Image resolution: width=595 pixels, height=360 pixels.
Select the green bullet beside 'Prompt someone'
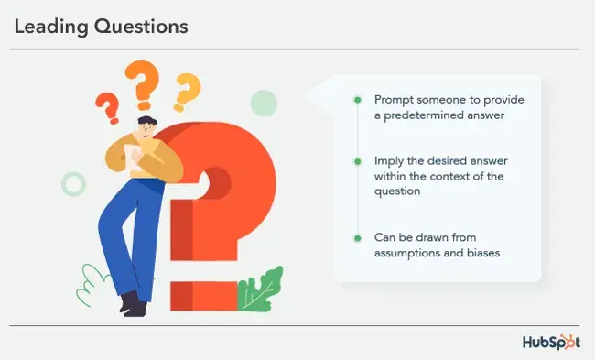(x=358, y=99)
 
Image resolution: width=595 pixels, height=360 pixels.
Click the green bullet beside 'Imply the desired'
(x=358, y=160)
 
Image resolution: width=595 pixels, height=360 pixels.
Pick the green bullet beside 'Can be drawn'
(x=358, y=237)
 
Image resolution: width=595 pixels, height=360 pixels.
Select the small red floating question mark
(x=107, y=108)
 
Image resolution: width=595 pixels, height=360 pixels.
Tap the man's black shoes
(x=133, y=304)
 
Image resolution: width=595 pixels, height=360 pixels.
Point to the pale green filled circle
(x=264, y=104)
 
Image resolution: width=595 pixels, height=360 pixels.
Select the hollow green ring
(x=73, y=183)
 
